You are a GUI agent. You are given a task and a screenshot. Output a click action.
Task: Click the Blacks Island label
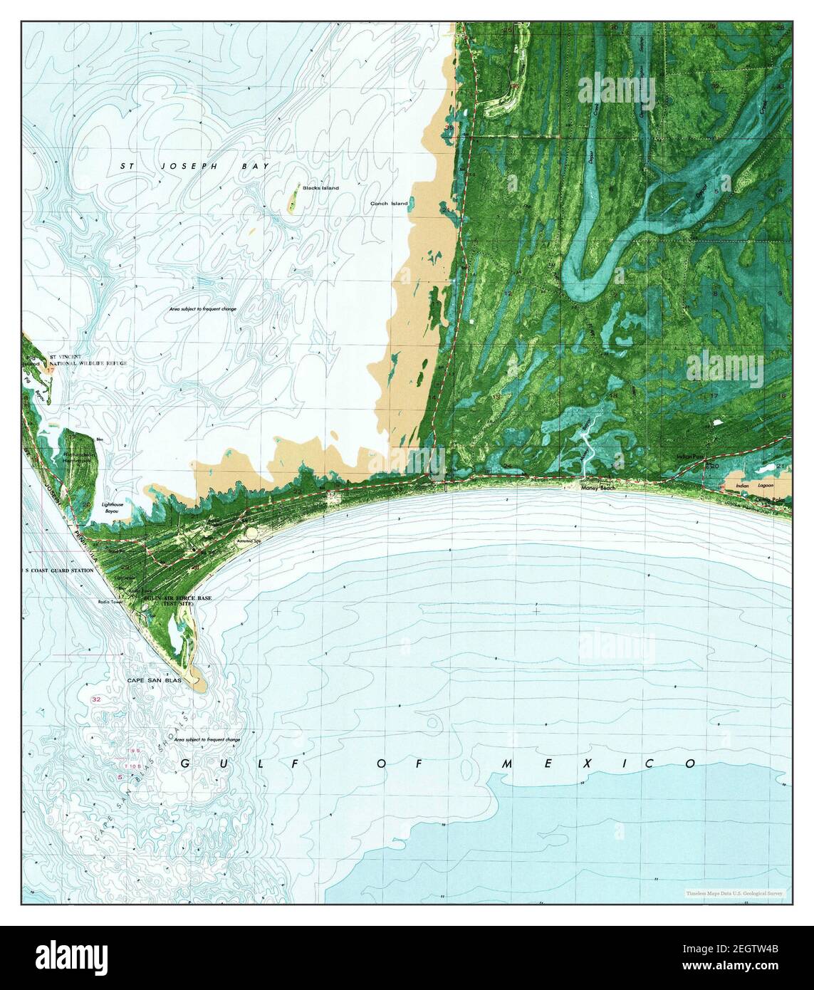[x=320, y=188]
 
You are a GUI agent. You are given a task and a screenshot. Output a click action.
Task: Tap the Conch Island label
[x=389, y=204]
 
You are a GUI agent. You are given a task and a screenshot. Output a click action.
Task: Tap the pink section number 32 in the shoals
[x=95, y=701]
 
